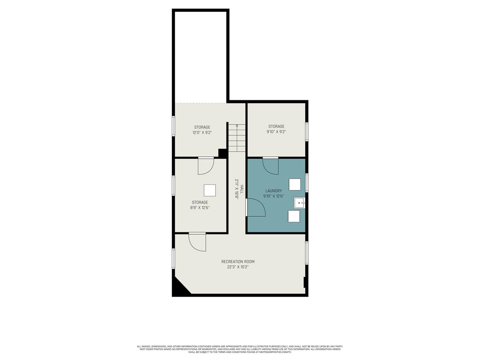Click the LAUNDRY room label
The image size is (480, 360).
273,191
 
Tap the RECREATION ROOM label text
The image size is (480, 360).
238,262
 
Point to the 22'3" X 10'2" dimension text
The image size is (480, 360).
238,267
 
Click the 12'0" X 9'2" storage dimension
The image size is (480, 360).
202,133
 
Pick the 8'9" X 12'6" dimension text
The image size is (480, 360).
199,208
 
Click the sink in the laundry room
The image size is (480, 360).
299,203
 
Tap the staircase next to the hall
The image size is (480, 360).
237,138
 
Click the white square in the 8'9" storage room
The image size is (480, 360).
210,190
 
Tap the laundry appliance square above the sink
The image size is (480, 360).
295,184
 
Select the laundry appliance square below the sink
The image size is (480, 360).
294,216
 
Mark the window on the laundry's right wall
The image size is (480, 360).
307,183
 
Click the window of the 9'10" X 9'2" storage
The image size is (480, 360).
307,132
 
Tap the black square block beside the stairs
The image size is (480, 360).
222,153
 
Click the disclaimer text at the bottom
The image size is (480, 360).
240,349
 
